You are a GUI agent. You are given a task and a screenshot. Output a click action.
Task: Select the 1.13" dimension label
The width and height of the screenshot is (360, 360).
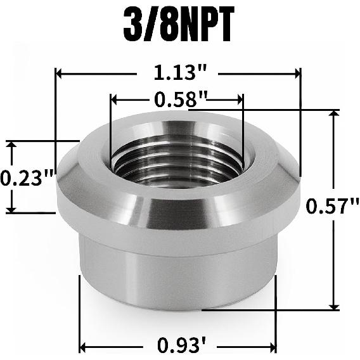[x=179, y=74]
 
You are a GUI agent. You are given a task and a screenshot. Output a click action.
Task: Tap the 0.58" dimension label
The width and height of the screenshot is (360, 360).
[x=178, y=100]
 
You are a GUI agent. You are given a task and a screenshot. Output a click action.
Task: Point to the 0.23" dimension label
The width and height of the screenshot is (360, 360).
[x=25, y=177]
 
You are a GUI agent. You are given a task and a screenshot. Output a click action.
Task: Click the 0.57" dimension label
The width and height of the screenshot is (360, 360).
[x=332, y=207]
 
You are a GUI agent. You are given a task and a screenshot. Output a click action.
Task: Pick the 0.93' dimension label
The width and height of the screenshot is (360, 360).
[x=179, y=347]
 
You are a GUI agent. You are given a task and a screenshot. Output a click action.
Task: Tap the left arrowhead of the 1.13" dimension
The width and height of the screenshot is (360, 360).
[x=60, y=74]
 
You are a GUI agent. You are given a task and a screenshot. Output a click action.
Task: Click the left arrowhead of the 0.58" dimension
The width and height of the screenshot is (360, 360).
[x=115, y=100]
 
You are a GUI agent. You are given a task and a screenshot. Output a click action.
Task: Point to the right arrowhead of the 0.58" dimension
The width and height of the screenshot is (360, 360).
[x=239, y=100]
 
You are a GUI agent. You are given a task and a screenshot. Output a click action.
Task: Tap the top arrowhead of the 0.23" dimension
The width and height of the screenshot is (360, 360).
[x=11, y=146]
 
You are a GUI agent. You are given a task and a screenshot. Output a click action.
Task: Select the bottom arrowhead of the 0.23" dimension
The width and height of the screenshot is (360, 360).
[x=11, y=209]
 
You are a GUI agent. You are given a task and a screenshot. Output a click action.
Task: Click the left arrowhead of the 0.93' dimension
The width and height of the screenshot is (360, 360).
[x=83, y=347]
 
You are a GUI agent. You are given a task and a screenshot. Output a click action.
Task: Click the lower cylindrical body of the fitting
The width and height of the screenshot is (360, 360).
[x=177, y=279]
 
